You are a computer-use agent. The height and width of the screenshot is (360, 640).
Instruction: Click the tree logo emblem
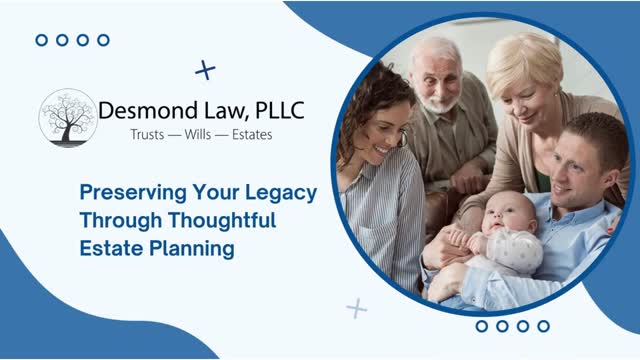click(67, 119)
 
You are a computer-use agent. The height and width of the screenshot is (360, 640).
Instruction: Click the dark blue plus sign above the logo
click(205, 70)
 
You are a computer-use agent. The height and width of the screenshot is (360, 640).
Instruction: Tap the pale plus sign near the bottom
click(356, 308)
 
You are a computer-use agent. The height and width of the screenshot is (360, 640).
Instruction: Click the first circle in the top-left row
click(41, 40)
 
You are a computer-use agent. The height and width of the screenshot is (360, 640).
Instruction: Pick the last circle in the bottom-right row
click(543, 326)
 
